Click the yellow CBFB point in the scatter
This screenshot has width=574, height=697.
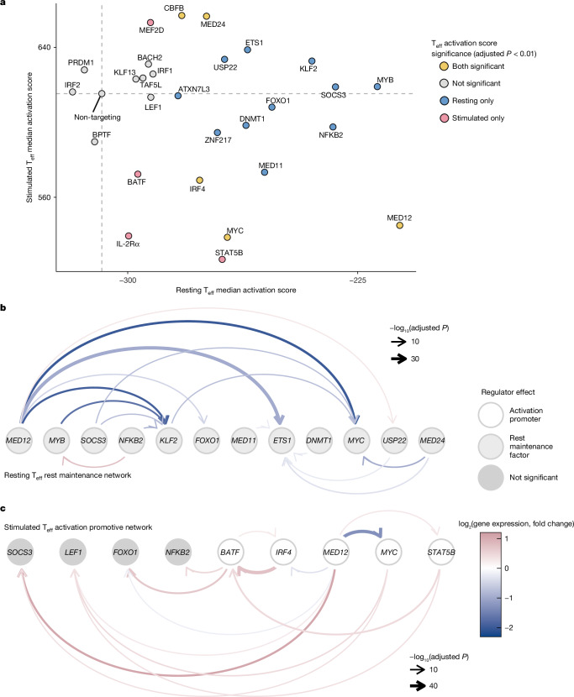coord(182,16)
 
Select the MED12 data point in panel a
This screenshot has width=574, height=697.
coord(399,225)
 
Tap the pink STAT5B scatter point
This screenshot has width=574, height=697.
coord(222,259)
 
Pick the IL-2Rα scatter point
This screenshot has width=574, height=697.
coord(129,236)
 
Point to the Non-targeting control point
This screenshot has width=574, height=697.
coord(102,94)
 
